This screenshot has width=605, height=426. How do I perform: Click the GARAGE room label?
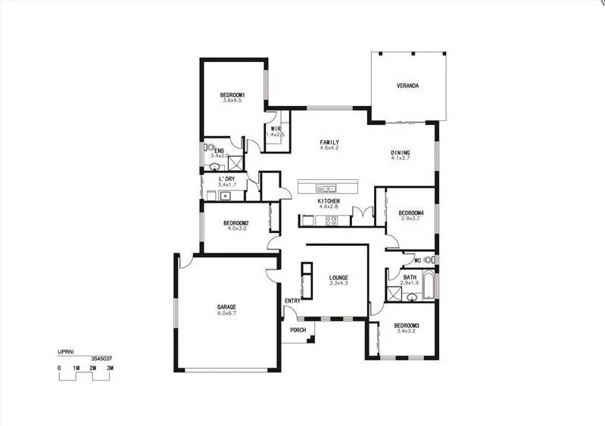pos(227,307)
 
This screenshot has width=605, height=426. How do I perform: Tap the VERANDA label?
pos(407,86)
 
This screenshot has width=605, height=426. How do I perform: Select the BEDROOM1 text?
pos(232,95)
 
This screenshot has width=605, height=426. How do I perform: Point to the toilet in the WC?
pos(429,260)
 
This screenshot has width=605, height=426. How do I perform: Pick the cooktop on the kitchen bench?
pos(331,221)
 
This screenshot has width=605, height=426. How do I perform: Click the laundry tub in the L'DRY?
pos(224,196)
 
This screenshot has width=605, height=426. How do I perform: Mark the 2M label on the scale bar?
pos(92,368)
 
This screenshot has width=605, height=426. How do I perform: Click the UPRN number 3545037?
pos(101,358)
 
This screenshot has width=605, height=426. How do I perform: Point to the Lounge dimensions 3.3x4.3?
pos(338,283)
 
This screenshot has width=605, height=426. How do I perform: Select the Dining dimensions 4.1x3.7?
pos(400,158)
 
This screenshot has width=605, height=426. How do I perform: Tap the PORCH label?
pos(298,330)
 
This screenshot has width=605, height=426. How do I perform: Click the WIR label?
pos(276,129)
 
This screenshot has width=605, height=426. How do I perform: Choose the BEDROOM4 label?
pos(411,213)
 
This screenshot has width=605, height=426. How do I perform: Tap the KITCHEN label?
pos(329,201)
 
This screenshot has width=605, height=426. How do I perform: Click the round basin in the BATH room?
pos(413,297)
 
